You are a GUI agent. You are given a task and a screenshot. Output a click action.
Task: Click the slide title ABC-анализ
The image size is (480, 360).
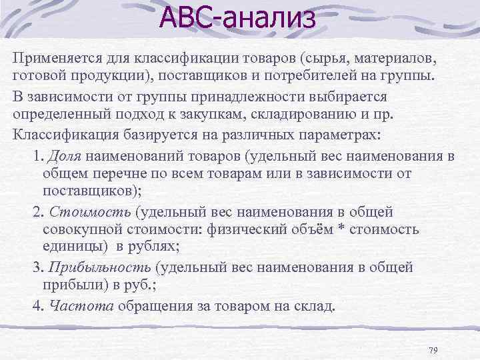[x=237, y=19]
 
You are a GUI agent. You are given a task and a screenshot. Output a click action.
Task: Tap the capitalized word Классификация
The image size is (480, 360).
[x=63, y=133]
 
